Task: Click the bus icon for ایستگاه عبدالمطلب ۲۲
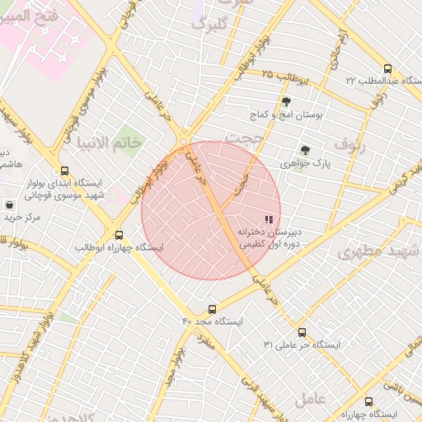click(388, 69)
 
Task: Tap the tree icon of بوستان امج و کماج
click(286, 102)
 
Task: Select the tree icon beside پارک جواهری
click(305, 151)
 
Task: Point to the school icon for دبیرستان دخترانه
click(268, 219)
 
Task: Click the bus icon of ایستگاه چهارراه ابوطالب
click(120, 235)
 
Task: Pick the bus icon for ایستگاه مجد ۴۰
click(213, 310)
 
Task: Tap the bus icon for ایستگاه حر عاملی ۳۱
click(302, 332)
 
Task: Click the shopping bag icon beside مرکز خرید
click(9, 204)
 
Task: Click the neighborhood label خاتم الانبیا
click(110, 143)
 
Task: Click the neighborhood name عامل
click(310, 398)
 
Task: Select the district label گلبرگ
click(209, 24)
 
